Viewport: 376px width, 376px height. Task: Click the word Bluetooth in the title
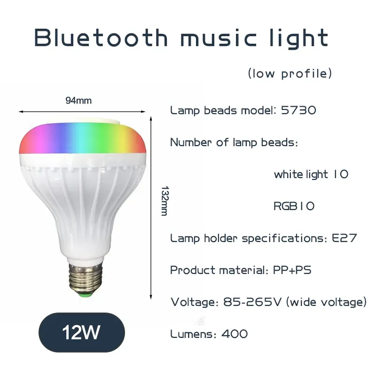[101, 38]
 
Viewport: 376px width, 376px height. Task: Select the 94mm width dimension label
[78, 100]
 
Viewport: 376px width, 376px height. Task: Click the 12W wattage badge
[81, 332]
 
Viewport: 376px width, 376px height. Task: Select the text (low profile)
[290, 74]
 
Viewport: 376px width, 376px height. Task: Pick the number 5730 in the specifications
[298, 111]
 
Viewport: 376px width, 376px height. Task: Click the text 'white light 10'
[311, 174]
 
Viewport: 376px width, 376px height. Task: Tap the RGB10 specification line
[294, 206]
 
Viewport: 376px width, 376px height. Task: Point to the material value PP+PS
[292, 270]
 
